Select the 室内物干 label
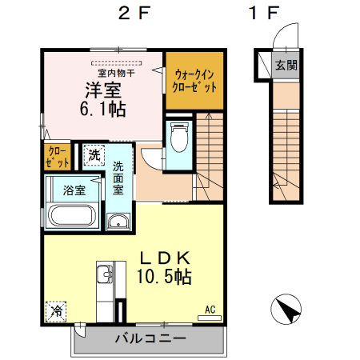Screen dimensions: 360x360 [x=115, y=73]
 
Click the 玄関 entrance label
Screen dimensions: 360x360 [x=285, y=66]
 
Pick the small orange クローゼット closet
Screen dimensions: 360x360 [x=57, y=155]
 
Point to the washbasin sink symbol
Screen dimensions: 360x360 [x=118, y=223]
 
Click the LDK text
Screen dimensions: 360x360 [x=166, y=258]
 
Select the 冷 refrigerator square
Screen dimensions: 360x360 [x=58, y=309]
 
